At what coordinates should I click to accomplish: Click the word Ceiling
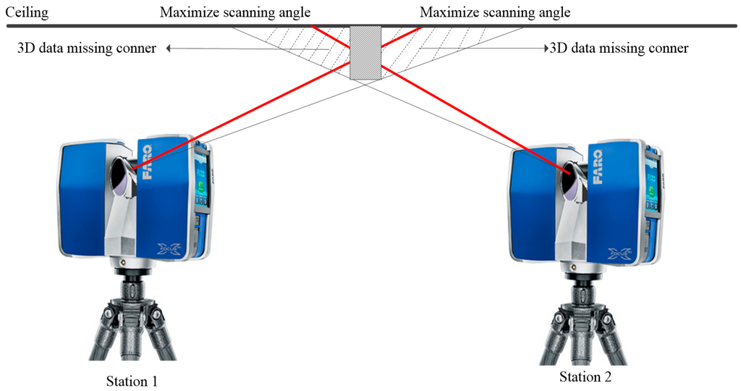(x=27, y=12)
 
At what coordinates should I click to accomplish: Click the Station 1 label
(x=131, y=380)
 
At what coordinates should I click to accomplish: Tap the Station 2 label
(x=590, y=377)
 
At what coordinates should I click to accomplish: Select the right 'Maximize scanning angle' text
(x=495, y=12)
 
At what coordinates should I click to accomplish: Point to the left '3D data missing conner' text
(x=86, y=49)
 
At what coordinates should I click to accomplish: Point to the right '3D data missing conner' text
(x=619, y=49)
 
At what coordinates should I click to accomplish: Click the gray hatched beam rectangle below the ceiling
(x=365, y=53)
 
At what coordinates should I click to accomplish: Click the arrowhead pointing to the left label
(x=168, y=49)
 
